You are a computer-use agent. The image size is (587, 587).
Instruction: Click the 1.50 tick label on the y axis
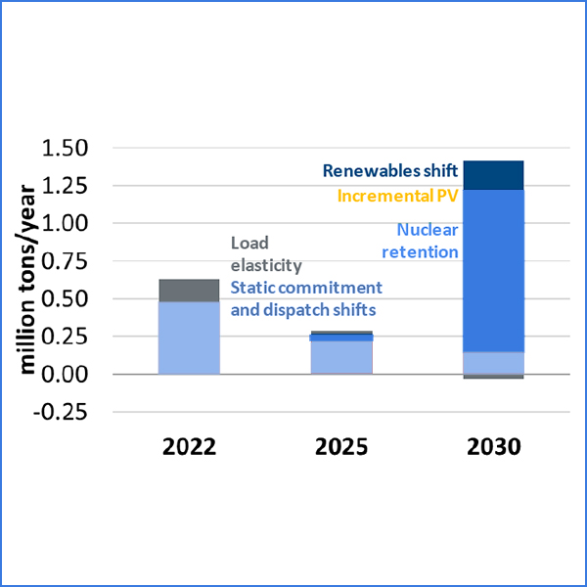(x=65, y=149)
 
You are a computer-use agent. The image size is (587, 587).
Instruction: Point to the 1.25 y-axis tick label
(x=65, y=186)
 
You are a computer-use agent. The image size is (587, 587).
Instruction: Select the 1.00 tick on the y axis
(x=65, y=224)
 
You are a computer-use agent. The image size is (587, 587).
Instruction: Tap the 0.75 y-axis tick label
(x=65, y=261)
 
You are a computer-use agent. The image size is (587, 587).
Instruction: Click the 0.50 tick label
(x=65, y=299)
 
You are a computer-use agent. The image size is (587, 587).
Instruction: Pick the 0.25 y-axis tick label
(x=65, y=337)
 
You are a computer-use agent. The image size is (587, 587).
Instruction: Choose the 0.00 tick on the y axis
(x=65, y=375)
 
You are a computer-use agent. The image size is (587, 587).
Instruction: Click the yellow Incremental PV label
(x=397, y=196)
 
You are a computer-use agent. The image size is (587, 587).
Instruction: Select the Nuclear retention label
(x=427, y=242)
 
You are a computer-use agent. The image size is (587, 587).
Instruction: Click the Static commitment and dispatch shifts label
(x=305, y=298)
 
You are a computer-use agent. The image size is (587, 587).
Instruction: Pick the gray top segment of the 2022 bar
(x=190, y=291)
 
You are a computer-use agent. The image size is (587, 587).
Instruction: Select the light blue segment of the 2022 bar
(x=190, y=338)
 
